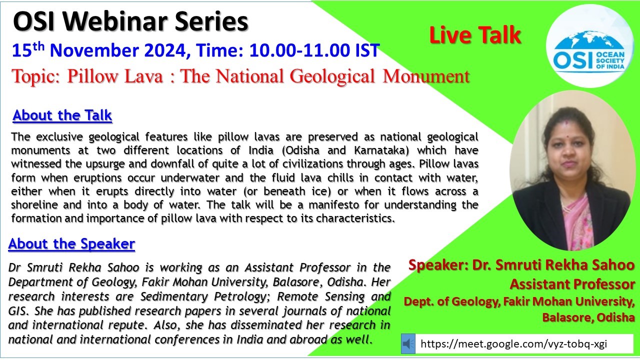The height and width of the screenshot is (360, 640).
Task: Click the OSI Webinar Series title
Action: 130,21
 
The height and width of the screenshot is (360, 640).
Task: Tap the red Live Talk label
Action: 475,35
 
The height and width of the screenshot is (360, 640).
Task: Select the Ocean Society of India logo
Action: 589,45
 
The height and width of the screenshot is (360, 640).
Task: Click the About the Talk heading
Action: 62,115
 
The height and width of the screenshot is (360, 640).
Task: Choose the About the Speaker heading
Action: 71,243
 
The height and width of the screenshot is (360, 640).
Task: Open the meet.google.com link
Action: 513,343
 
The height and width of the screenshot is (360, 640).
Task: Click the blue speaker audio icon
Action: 408,343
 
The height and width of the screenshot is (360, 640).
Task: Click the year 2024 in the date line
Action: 165,50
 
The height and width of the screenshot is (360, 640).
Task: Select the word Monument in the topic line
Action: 426,76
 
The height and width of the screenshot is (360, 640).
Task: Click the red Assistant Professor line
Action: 572,284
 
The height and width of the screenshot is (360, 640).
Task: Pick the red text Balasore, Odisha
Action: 588,317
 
